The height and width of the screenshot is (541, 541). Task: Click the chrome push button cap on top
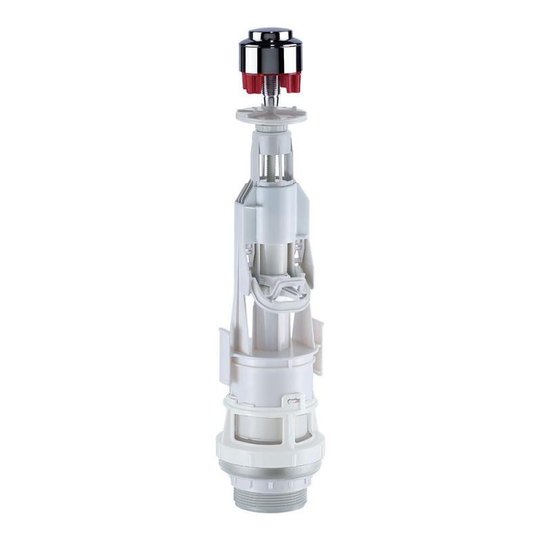[x=270, y=51]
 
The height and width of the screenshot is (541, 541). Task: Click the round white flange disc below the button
[x=271, y=113]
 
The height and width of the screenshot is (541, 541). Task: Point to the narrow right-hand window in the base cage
[x=302, y=426]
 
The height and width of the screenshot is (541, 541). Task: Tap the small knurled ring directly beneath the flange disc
[x=270, y=126]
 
